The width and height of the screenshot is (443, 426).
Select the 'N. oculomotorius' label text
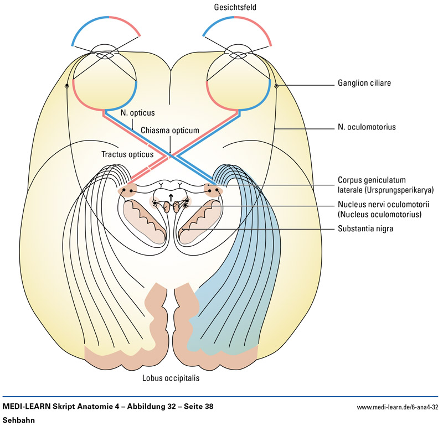click(367, 127)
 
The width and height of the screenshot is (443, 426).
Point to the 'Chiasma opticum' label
click(169, 131)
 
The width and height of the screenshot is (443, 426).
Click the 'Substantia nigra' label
click(365, 228)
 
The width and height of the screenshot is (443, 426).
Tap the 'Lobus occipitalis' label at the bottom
click(170, 379)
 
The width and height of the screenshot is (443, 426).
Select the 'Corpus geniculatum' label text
click(372, 180)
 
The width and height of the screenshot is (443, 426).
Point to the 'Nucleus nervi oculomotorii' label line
click(377, 205)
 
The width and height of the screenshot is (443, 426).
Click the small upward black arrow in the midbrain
click(171, 198)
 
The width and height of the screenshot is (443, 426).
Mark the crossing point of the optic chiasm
click(171, 155)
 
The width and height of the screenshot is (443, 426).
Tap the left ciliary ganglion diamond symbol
click(66, 86)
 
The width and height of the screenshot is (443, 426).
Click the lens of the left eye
click(105, 54)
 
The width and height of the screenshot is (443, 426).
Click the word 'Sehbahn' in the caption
click(19, 420)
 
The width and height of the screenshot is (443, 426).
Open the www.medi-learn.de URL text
click(398, 408)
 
